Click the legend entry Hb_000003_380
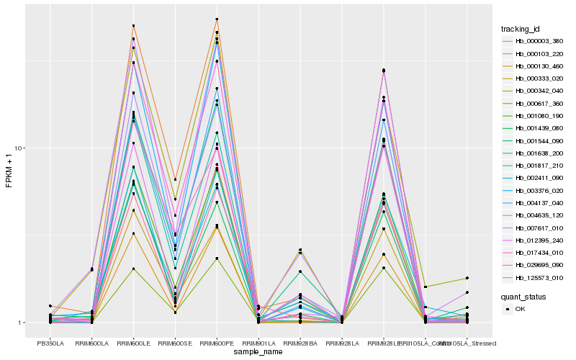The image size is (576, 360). click(534, 41)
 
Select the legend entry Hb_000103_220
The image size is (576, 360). click(534, 53)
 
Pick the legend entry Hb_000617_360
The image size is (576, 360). click(534, 103)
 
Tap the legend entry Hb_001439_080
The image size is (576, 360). click(534, 128)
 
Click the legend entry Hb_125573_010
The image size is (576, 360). click(534, 277)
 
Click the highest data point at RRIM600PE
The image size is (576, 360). click(217, 19)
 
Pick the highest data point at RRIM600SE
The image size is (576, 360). click(175, 179)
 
